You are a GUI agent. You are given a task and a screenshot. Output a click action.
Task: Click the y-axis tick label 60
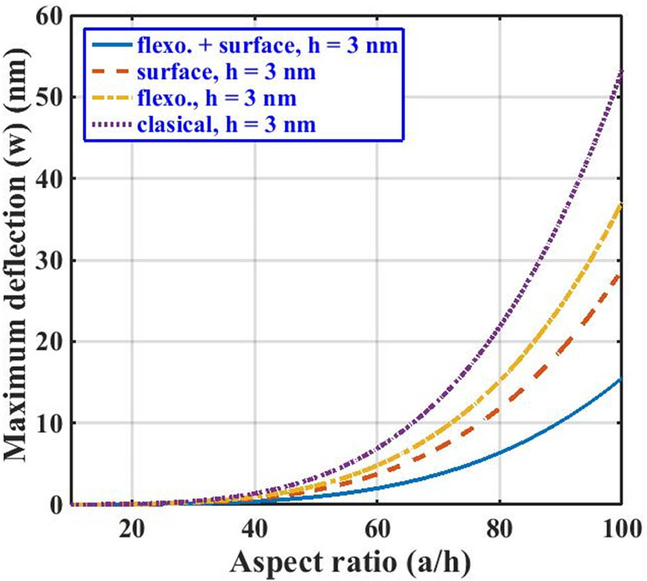tap(52, 17)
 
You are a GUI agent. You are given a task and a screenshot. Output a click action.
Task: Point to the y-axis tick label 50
tap(52, 98)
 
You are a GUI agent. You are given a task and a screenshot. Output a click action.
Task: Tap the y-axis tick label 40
tap(52, 179)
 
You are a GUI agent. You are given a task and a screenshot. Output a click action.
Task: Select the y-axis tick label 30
tap(52, 260)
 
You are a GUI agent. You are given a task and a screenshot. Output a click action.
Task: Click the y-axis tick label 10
tap(52, 423)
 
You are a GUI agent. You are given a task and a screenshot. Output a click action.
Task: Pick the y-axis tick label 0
tap(59, 504)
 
